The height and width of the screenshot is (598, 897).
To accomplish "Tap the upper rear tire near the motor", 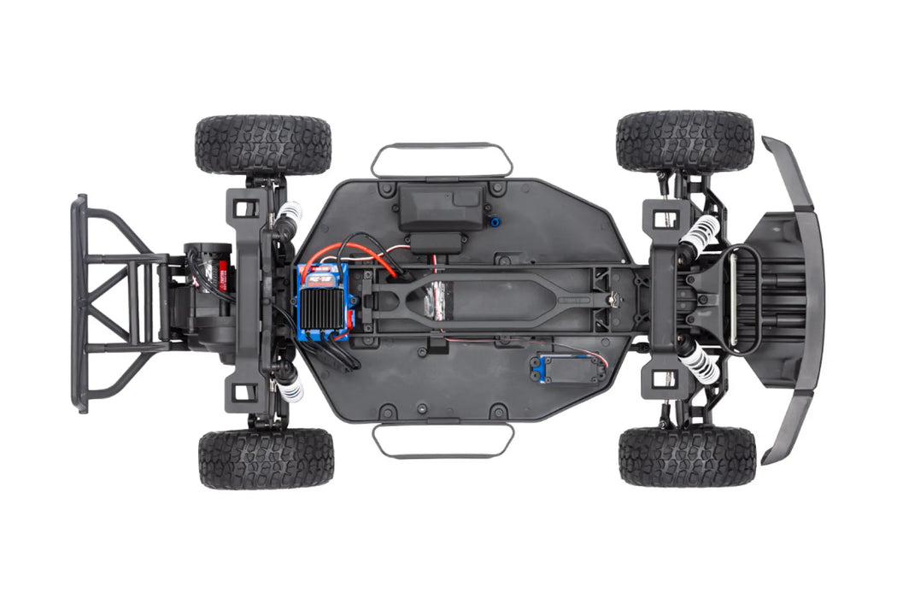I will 262,144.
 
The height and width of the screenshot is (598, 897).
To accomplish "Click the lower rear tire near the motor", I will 266,458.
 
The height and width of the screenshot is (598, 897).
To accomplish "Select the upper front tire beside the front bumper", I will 684,141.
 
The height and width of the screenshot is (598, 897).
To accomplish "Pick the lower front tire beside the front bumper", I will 687,456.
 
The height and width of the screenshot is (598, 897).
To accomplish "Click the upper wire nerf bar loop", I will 442,159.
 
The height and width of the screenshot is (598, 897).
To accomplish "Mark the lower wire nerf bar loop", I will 443,439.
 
